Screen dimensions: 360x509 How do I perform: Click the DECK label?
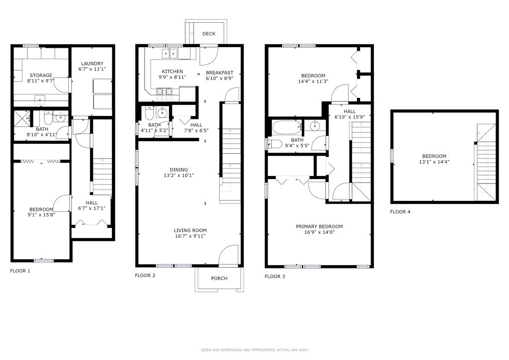(x=209, y=34)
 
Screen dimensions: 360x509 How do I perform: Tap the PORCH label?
(x=219, y=278)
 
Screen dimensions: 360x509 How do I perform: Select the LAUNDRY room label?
(x=92, y=64)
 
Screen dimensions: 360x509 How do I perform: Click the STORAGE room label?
(x=41, y=76)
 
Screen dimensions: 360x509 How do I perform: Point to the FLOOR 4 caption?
(x=400, y=212)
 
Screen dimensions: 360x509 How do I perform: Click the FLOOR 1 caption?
(x=20, y=271)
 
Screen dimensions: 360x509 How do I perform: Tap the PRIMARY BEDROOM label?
(x=319, y=227)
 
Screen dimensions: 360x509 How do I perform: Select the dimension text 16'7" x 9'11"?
(x=190, y=236)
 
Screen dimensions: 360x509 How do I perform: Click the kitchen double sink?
(x=169, y=53)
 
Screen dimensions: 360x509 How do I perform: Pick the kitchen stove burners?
(x=164, y=91)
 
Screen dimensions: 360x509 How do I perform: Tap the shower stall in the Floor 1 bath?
(x=22, y=118)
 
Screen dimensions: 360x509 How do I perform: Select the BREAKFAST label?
(x=219, y=73)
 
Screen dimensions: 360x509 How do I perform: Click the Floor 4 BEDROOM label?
(x=434, y=156)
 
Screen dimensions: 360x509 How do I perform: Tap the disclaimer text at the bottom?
(x=254, y=350)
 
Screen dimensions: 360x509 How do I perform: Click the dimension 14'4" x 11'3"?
(x=312, y=82)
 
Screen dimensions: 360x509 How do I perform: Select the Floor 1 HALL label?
(x=92, y=203)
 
